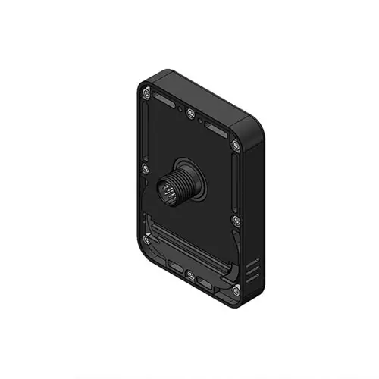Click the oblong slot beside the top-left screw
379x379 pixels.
[164, 101]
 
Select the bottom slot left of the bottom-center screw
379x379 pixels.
[175, 268]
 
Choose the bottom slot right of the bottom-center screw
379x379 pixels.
[206, 283]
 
